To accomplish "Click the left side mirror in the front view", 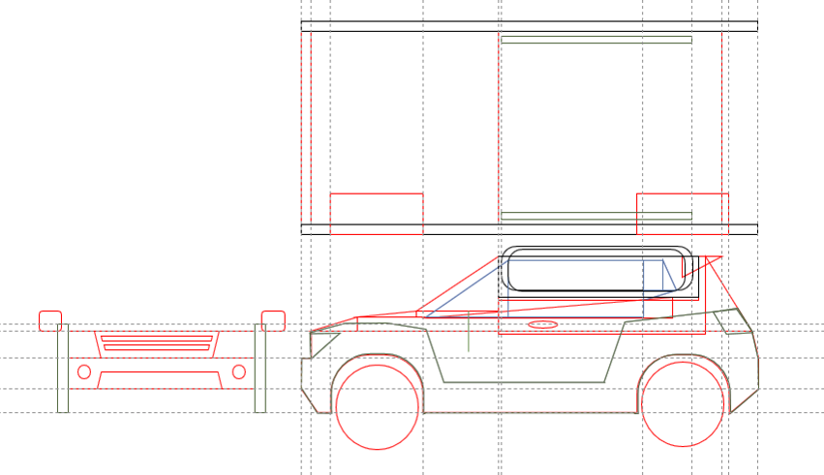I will (x=50, y=320).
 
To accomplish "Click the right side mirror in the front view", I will (x=273, y=320).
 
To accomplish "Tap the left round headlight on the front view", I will (x=84, y=371).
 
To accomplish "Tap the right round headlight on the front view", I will (x=239, y=371).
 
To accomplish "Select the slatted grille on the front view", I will (x=157, y=342).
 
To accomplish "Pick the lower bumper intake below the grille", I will (x=160, y=379).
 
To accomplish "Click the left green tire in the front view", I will (x=63, y=369).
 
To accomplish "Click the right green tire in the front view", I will (x=260, y=369).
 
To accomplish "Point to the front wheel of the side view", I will (x=377, y=407).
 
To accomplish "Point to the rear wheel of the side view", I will (x=683, y=404).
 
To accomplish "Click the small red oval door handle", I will (x=543, y=324).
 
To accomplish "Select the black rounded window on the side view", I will (x=597, y=270).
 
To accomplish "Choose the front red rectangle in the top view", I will (x=377, y=214).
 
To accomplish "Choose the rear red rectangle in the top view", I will (x=682, y=214).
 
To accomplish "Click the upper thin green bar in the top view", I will (x=596, y=40).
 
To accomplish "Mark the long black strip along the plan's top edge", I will (x=529, y=26).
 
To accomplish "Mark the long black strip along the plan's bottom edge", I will (x=529, y=229).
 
